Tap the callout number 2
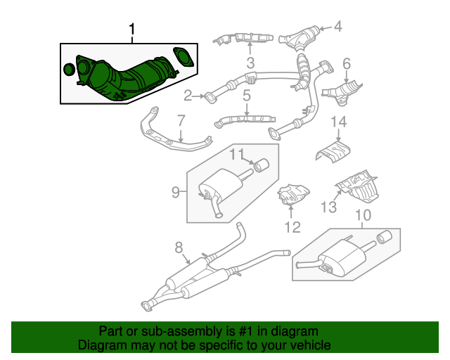(188, 95)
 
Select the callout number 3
(250, 65)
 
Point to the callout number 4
(337, 27)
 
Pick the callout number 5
(247, 94)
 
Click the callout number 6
(346, 65)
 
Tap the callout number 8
(179, 247)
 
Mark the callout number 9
(176, 190)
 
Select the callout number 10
(363, 215)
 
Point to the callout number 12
(292, 226)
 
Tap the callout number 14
(339, 123)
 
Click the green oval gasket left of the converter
(69, 70)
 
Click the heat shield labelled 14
(335, 150)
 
